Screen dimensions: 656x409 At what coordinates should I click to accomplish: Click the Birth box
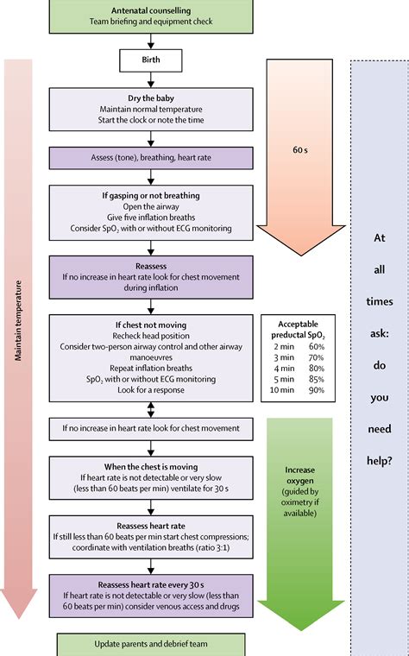[x=150, y=60]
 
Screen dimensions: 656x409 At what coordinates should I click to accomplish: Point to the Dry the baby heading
[x=150, y=98]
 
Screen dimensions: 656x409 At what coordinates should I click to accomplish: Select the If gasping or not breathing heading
[x=150, y=196]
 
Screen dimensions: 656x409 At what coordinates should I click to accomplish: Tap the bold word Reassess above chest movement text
[x=150, y=268]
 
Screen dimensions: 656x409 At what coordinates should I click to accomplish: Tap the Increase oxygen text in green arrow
[x=300, y=478]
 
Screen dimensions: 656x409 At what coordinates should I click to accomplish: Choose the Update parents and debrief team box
[x=150, y=644]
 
